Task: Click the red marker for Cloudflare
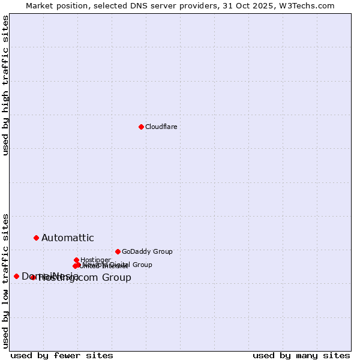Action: pyautogui.click(x=141, y=127)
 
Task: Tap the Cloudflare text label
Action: pyautogui.click(x=161, y=127)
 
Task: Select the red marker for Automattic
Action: pyautogui.click(x=36, y=238)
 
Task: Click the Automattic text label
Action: pyautogui.click(x=67, y=238)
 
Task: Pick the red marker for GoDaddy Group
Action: pyautogui.click(x=118, y=251)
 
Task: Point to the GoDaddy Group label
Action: pyautogui.click(x=147, y=251)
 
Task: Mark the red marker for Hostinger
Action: pyautogui.click(x=76, y=260)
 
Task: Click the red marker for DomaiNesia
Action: pyautogui.click(x=16, y=276)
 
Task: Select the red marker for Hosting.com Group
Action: pyautogui.click(x=33, y=277)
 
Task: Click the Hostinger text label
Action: pyautogui.click(x=95, y=260)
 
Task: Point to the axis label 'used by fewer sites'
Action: pyautogui.click(x=62, y=355)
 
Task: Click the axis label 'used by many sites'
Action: pyautogui.click(x=301, y=355)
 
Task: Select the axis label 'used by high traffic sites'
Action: pyautogui.click(x=5, y=85)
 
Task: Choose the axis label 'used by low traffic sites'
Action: pyautogui.click(x=5, y=281)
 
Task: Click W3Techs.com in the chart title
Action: pyautogui.click(x=305, y=5)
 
